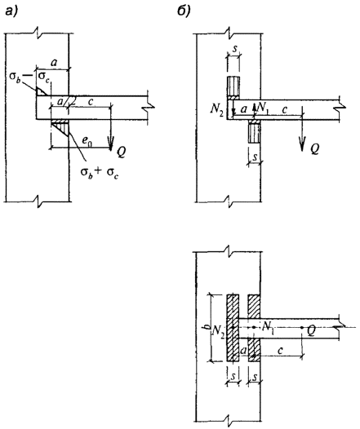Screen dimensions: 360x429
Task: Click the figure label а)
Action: pyautogui.click(x=12, y=12)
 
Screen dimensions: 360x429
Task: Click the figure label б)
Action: pyautogui.click(x=184, y=11)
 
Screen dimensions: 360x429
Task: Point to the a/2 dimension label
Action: pyautogui.click(x=64, y=101)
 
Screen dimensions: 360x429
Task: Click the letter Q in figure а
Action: pyautogui.click(x=121, y=152)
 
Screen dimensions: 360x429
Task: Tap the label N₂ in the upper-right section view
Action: pyautogui.click(x=216, y=109)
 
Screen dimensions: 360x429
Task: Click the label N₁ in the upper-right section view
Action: pyautogui.click(x=262, y=108)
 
